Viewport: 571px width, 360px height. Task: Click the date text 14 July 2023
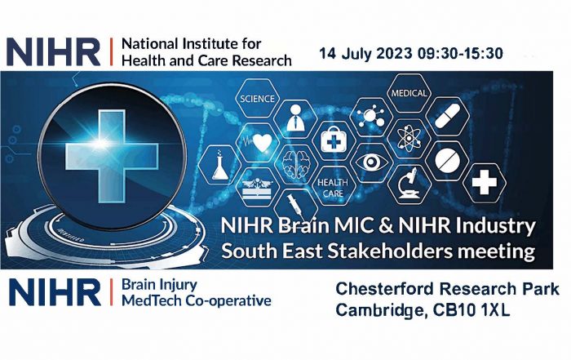click(x=365, y=54)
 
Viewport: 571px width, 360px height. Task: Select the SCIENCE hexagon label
click(x=257, y=99)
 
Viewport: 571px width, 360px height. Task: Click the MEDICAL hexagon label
click(x=409, y=93)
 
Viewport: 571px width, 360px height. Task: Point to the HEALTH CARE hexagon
click(x=333, y=187)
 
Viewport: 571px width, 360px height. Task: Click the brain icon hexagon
click(x=296, y=164)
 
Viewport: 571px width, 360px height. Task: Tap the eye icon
click(x=371, y=162)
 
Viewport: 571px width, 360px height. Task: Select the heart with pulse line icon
click(x=259, y=142)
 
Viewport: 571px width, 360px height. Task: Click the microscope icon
click(x=409, y=184)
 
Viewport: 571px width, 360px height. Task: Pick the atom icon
click(x=409, y=139)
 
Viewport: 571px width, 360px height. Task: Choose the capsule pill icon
click(x=447, y=116)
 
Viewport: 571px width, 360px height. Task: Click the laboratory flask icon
click(x=219, y=165)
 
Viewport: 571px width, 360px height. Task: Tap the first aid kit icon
click(x=333, y=140)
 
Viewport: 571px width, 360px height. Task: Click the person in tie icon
click(x=295, y=118)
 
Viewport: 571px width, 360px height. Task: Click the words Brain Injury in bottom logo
click(x=159, y=285)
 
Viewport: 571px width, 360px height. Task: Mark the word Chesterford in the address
click(x=384, y=289)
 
